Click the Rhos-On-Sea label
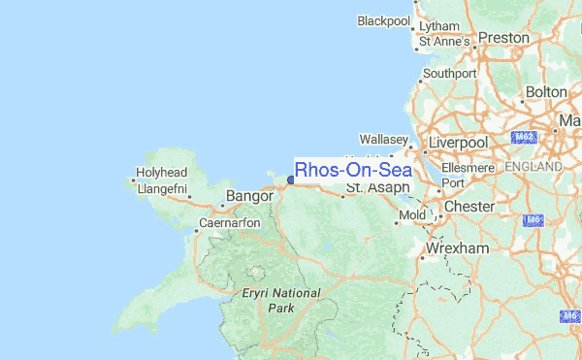353,170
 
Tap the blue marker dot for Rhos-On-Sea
291,180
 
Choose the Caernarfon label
230,223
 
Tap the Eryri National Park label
281,300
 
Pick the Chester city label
469,207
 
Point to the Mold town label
412,213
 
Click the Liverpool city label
460,143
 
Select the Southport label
450,73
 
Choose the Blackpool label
384,20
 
